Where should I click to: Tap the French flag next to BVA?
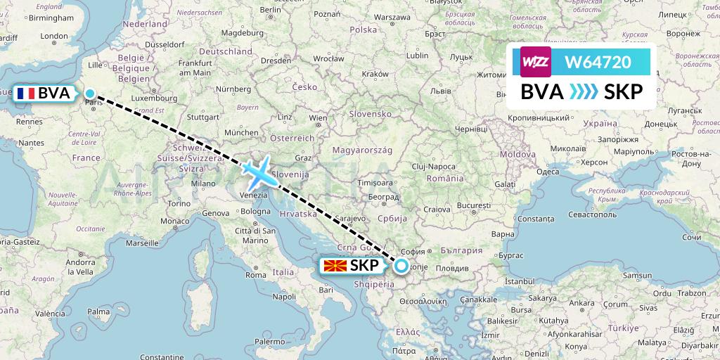[27, 94]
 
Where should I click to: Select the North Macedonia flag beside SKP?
[335, 266]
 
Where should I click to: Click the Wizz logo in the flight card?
[535, 62]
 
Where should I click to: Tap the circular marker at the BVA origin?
[90, 93]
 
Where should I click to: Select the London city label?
[54, 36]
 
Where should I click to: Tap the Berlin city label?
[270, 10]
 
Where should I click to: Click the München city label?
[242, 131]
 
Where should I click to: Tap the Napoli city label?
[284, 296]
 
